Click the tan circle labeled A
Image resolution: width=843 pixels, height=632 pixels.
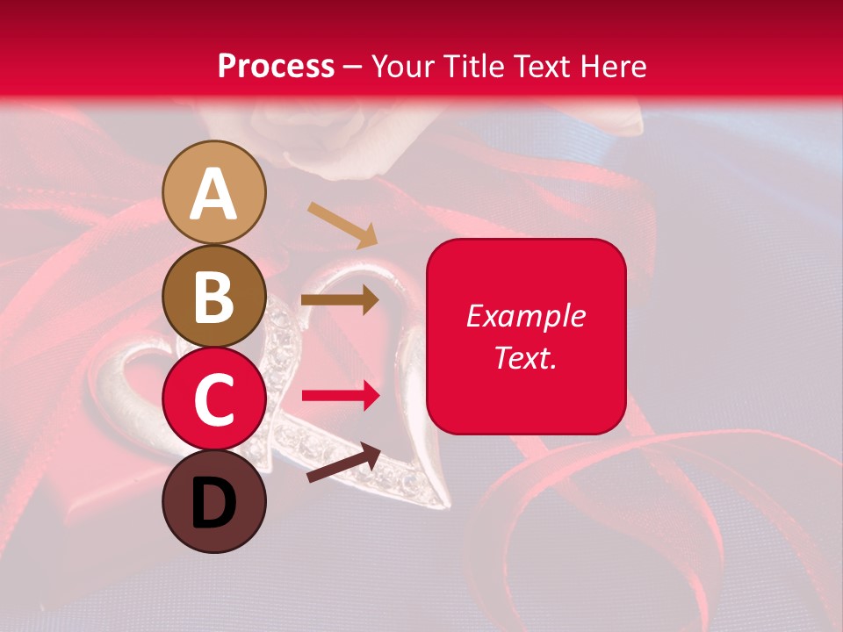(x=214, y=193)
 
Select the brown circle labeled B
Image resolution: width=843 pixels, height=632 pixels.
(x=214, y=297)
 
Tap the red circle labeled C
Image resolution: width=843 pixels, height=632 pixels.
(x=214, y=399)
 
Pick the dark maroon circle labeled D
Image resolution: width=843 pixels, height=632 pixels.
(x=214, y=502)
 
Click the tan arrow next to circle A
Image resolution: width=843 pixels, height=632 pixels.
(x=342, y=223)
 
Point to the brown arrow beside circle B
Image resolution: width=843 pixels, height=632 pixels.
(x=340, y=300)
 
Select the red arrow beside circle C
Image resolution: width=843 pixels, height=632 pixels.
(x=341, y=396)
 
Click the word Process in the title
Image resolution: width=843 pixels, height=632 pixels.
(x=276, y=66)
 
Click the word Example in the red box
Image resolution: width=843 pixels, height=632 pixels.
(x=526, y=316)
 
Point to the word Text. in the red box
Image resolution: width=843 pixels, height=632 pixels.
(x=526, y=357)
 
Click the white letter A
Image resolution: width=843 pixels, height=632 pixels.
(x=214, y=194)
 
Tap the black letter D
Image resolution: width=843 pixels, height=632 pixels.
(x=214, y=503)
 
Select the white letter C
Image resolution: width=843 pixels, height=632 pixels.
(x=214, y=400)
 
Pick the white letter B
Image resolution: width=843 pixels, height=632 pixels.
(x=214, y=298)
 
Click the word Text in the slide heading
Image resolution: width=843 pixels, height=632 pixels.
(x=542, y=66)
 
